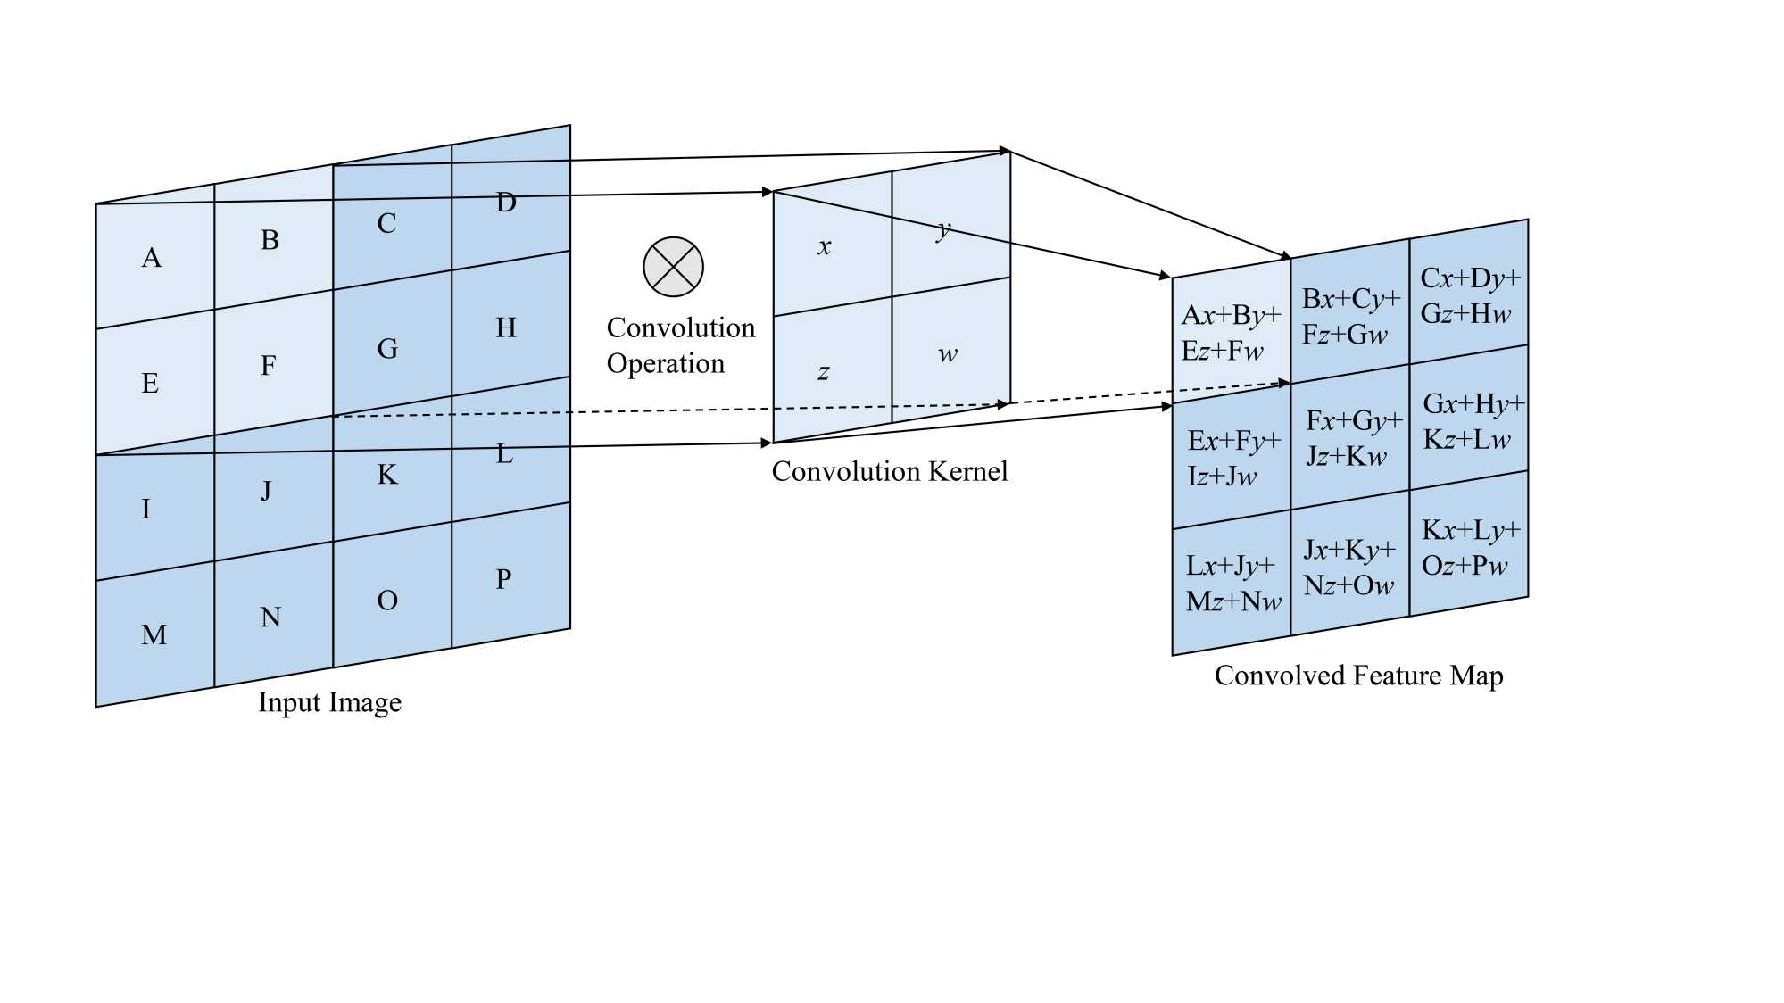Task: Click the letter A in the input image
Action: coord(152,258)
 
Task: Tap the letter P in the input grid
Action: coord(503,579)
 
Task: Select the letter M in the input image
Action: coord(154,634)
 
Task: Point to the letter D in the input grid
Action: coord(506,203)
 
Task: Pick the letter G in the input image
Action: coord(387,348)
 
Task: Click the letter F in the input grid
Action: coord(268,365)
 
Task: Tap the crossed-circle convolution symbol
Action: coord(673,267)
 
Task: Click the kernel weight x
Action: coord(824,247)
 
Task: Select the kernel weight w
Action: coord(947,354)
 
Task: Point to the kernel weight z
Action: coord(823,372)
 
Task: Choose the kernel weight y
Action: coord(943,230)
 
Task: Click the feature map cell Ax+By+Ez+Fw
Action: coord(1231,333)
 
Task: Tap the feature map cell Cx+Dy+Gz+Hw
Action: coord(1469,295)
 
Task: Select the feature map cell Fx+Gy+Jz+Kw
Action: coord(1352,438)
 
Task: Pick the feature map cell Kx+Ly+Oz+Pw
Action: coord(1469,548)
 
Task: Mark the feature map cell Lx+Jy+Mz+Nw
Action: coord(1232,584)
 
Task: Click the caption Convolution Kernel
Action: coord(889,471)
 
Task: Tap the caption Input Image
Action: coord(329,702)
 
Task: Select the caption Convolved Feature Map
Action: coord(1358,676)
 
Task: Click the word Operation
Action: coord(665,364)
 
